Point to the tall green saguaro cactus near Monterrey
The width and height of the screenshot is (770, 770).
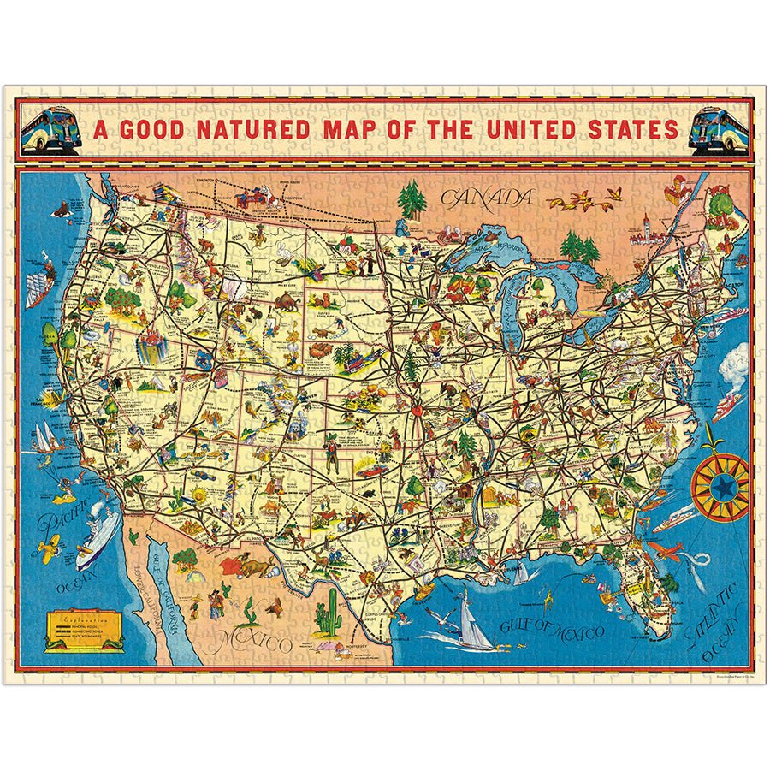327,613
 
